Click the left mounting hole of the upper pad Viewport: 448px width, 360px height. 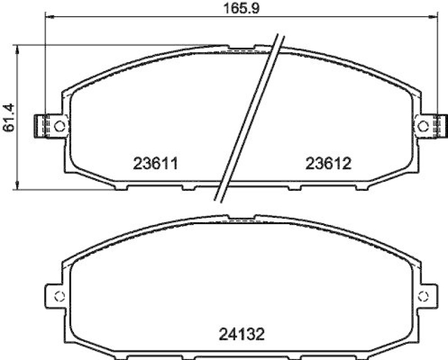(61, 125)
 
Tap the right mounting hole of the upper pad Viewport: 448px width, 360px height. (423, 126)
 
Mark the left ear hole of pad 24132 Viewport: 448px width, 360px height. (60, 296)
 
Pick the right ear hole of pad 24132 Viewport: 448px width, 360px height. (423, 296)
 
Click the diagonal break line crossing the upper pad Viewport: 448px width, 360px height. (249, 118)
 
